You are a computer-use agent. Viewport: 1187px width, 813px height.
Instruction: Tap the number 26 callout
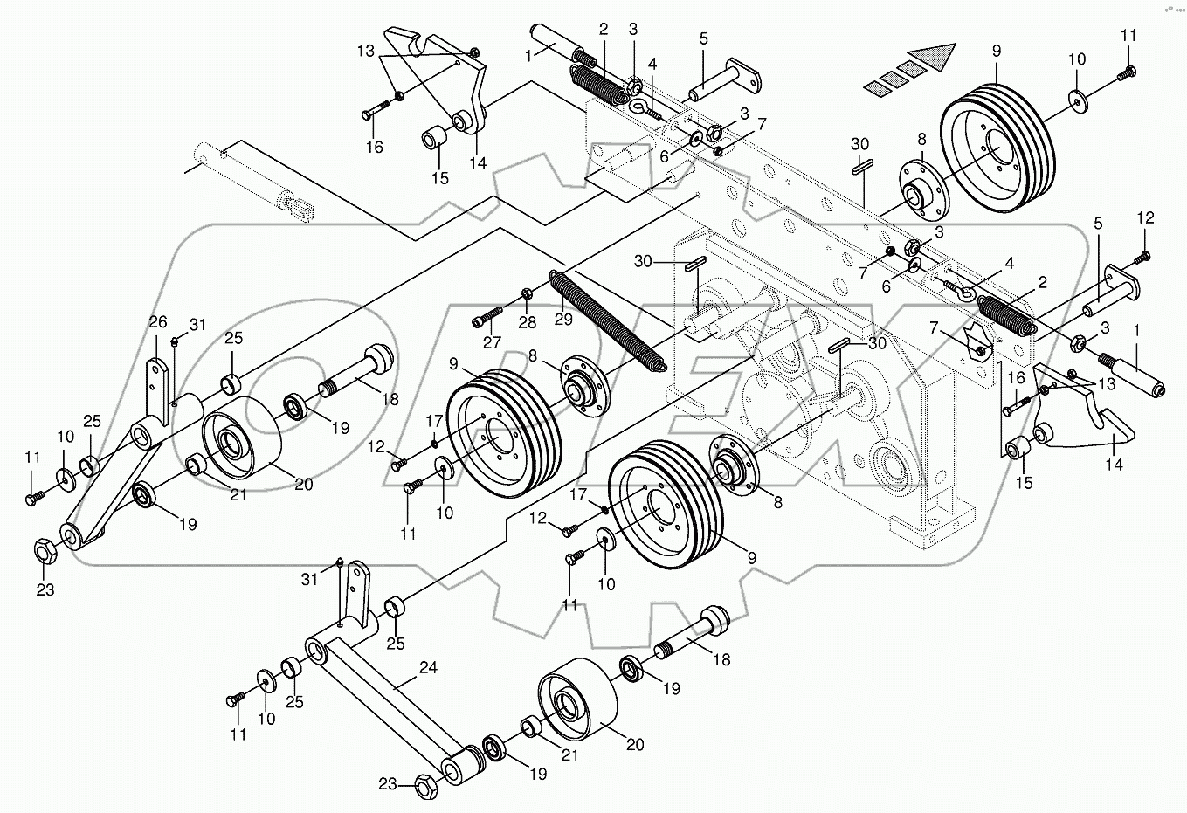157,322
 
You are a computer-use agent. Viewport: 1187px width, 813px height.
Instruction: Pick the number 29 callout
563,320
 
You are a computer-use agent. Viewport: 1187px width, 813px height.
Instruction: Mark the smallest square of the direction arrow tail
874,86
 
